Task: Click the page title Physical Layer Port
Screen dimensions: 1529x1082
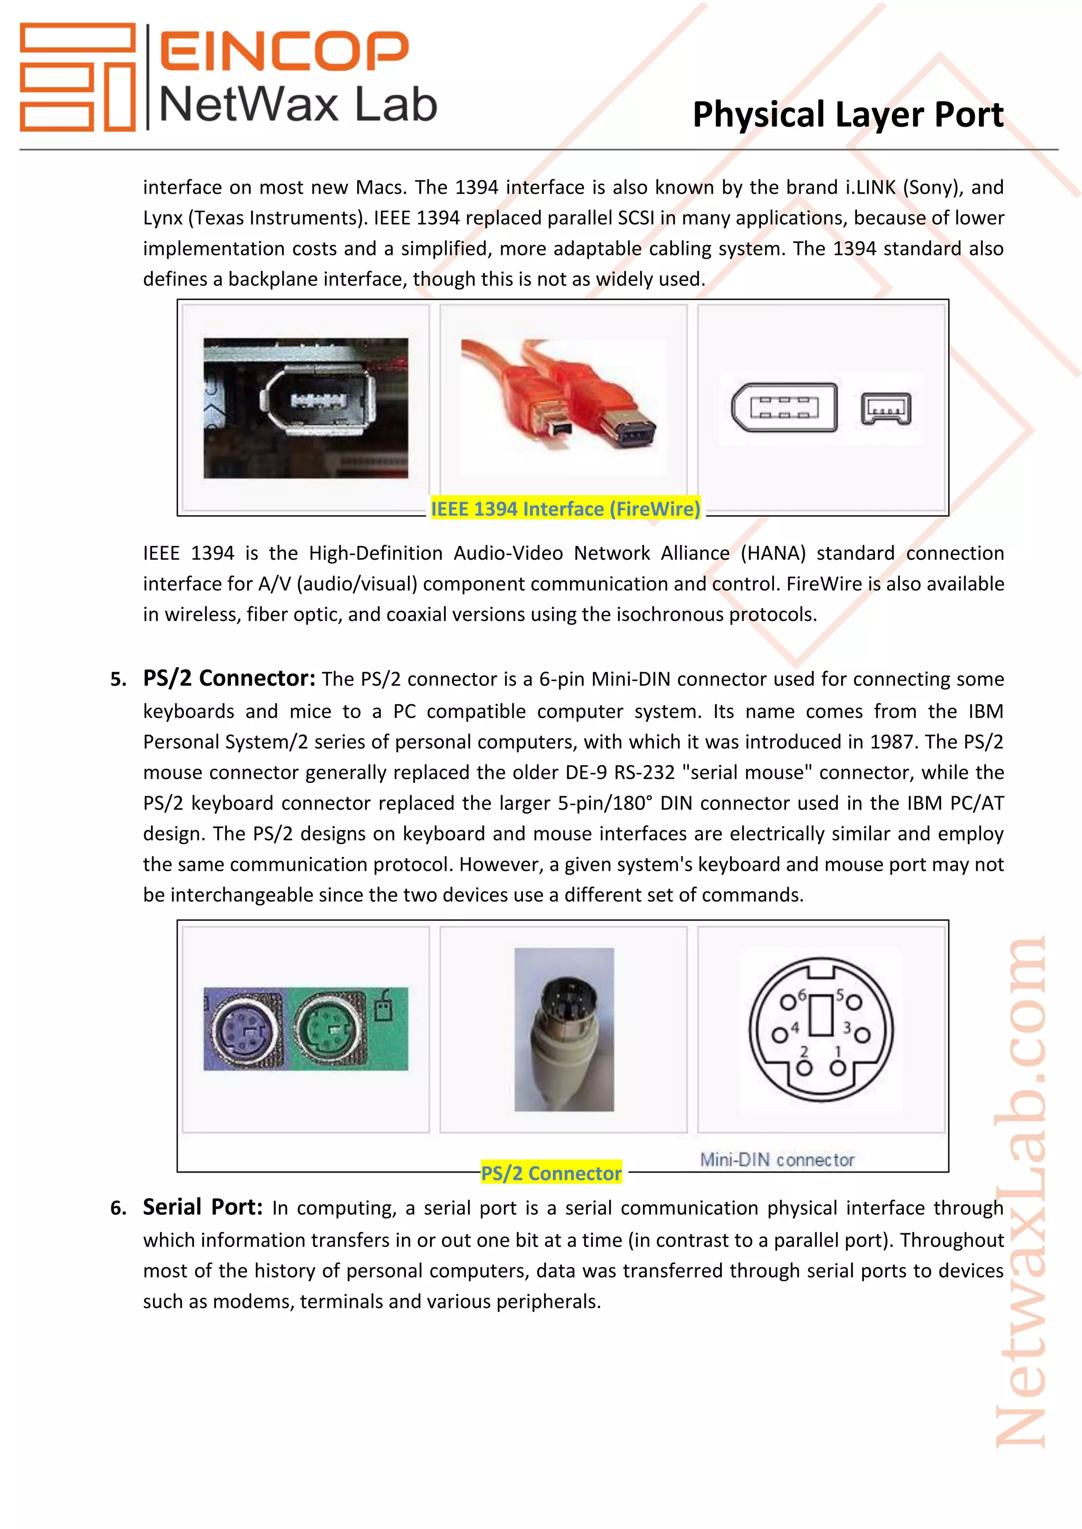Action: point(847,115)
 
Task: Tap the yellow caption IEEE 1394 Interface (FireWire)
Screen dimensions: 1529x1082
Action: point(565,509)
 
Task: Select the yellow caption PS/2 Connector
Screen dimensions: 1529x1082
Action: point(551,1173)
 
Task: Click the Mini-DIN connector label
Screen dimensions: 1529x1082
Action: point(777,1159)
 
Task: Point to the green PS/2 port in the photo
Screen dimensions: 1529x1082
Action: point(329,1030)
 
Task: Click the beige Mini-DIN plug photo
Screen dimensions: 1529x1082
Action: point(564,1029)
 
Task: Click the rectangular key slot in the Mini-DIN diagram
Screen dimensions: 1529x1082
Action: point(822,1016)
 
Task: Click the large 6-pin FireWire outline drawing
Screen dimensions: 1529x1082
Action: point(784,407)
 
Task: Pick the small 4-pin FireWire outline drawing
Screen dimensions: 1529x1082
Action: point(885,408)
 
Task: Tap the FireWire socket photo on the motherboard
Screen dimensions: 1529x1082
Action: point(306,408)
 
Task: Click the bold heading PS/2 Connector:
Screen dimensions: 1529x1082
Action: point(229,678)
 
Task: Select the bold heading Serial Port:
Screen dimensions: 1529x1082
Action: point(202,1207)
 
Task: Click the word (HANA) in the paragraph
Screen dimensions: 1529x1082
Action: point(773,553)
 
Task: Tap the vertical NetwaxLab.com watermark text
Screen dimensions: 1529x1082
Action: point(1020,1192)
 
